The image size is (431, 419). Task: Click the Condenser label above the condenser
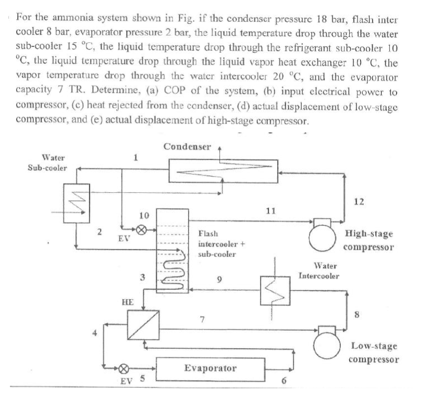point(187,146)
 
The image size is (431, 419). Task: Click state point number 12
point(358,201)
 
